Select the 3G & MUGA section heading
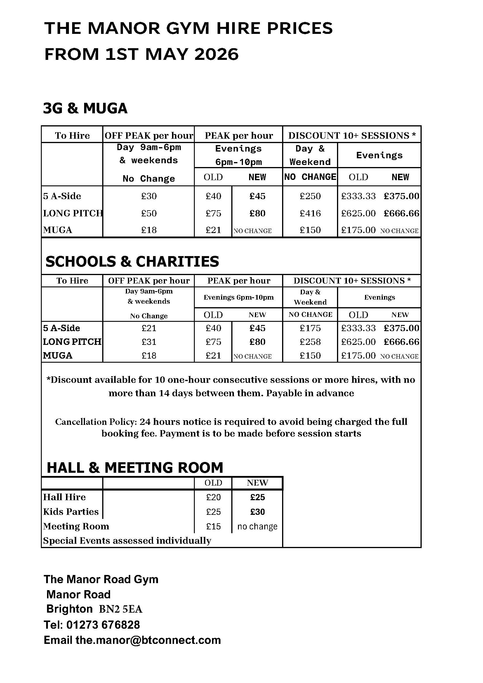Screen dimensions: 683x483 (85, 108)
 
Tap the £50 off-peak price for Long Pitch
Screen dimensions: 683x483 (149, 213)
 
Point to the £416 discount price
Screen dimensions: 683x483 (310, 213)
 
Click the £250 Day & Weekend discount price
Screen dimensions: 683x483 (310, 196)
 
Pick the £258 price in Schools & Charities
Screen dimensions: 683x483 (310, 342)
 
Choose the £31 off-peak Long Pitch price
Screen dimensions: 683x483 (149, 342)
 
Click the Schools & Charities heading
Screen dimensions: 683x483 (132, 261)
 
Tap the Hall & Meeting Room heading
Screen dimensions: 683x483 (135, 468)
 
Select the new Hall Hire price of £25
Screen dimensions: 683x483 (257, 497)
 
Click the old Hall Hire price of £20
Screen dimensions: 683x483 (213, 497)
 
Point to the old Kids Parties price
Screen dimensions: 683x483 (213, 512)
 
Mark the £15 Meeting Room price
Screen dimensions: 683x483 (213, 526)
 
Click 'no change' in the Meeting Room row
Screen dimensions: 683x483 (257, 526)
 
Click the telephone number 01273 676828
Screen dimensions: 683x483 (103, 625)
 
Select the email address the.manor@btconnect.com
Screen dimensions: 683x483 (148, 640)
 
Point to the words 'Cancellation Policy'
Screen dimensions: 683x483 (96, 422)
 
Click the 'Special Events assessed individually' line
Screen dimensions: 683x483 (127, 541)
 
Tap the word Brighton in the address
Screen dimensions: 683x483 (69, 609)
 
